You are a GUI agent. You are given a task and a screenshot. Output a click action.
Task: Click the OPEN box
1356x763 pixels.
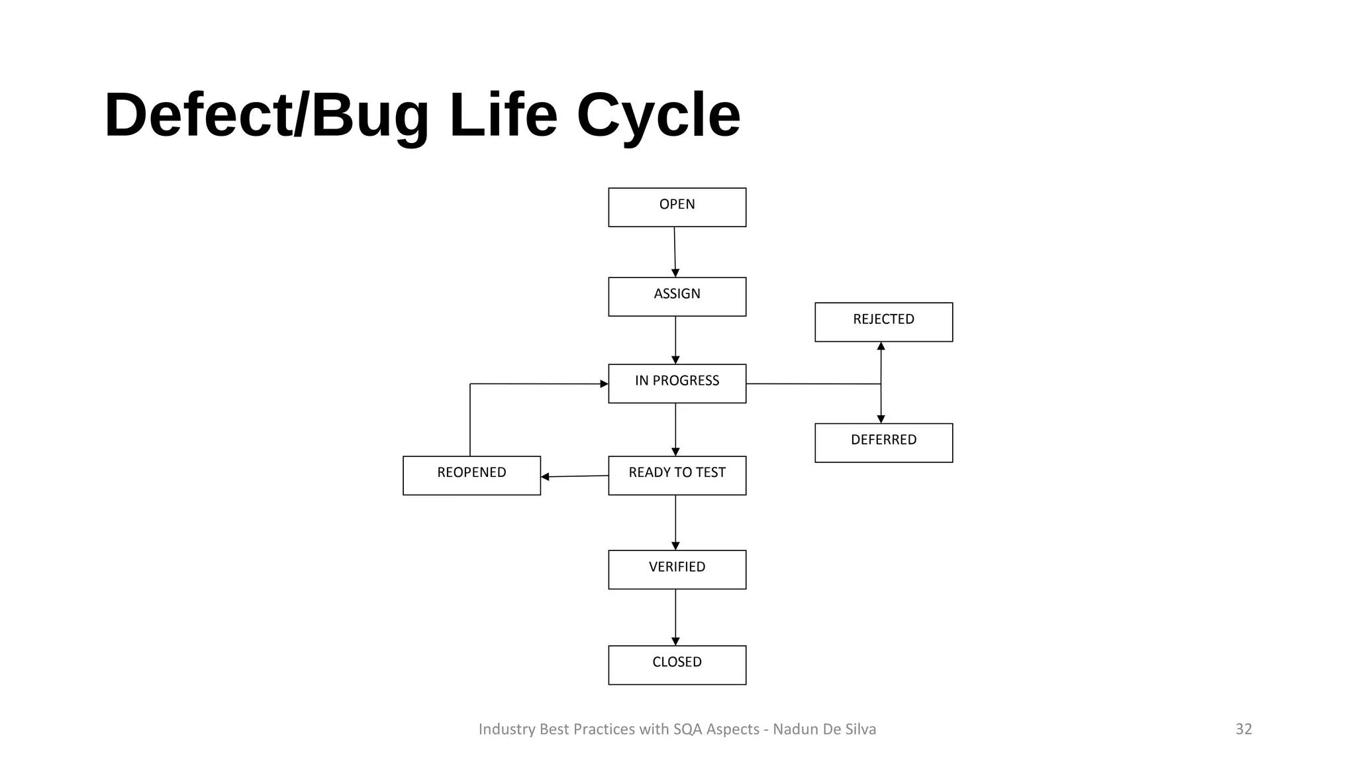tap(677, 207)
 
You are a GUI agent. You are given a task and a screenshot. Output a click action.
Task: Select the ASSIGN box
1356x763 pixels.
tap(677, 297)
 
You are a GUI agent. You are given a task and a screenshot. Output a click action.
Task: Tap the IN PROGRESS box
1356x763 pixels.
tap(677, 383)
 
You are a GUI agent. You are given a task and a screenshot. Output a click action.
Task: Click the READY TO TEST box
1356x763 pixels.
tap(677, 476)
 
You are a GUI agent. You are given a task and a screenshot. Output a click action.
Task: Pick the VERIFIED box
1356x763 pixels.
tap(677, 570)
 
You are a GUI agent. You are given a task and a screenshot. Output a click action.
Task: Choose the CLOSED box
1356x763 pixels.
tap(677, 665)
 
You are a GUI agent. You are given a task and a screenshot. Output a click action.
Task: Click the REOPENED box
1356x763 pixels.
tap(471, 476)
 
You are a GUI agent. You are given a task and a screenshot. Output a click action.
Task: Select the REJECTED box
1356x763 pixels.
tap(883, 322)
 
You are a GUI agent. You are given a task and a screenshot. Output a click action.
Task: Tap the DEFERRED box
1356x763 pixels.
tap(883, 442)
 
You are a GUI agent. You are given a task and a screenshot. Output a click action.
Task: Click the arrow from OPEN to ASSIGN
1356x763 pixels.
tap(675, 252)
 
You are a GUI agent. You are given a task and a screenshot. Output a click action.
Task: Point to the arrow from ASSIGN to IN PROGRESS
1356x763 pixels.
tap(675, 340)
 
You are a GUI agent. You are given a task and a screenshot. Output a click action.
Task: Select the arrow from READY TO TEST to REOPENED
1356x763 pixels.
tap(575, 476)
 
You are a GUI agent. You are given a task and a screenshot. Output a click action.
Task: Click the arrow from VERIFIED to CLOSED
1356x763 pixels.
tap(675, 617)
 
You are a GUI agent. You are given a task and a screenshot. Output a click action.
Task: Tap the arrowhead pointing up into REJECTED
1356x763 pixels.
tap(881, 346)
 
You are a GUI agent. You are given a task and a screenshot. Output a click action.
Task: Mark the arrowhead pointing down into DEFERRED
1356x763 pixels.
tap(881, 419)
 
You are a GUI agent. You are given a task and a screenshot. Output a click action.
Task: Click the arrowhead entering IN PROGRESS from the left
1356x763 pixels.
tap(603, 383)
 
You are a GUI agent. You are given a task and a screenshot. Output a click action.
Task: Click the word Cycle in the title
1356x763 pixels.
tap(658, 115)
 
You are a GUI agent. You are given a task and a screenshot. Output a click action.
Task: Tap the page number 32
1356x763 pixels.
tap(1243, 729)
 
